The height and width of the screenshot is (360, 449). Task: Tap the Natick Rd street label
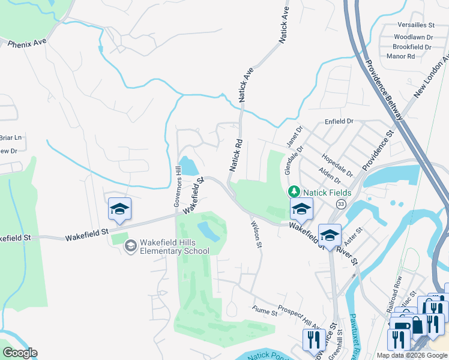pyautogui.click(x=235, y=155)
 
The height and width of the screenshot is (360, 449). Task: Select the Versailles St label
pyautogui.click(x=416, y=25)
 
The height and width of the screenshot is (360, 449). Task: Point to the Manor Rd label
pyautogui.click(x=401, y=56)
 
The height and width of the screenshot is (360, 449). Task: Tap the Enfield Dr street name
pyautogui.click(x=339, y=121)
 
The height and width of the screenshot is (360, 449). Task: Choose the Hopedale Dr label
pyautogui.click(x=336, y=166)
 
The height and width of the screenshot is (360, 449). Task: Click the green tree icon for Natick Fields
pyautogui.click(x=294, y=192)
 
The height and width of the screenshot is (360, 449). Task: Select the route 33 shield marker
pyautogui.click(x=341, y=204)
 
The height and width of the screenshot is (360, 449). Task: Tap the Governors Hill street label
pyautogui.click(x=178, y=187)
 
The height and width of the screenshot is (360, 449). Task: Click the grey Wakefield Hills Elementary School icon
pyautogui.click(x=130, y=246)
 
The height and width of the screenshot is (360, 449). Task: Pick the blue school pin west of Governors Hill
pyautogui.click(x=119, y=209)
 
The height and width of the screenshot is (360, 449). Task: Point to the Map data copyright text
pyautogui.click(x=412, y=355)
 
